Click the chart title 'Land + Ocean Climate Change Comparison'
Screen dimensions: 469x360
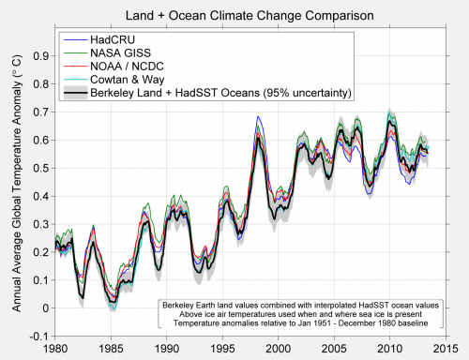(250, 15)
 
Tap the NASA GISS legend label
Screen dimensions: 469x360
(120, 53)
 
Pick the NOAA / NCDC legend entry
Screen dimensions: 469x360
(127, 67)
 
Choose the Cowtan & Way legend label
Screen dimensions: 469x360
(128, 80)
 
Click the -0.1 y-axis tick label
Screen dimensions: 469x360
(38, 337)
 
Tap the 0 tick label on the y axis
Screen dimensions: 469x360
(46, 308)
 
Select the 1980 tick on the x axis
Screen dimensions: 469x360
(55, 349)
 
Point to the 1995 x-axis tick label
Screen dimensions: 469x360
(222, 349)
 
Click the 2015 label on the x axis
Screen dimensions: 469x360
(446, 349)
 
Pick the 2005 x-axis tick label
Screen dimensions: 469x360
(334, 349)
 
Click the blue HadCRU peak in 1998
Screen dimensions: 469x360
(258, 116)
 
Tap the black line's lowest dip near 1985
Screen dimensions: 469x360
(113, 302)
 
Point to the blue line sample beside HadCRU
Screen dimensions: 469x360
(75, 40)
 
